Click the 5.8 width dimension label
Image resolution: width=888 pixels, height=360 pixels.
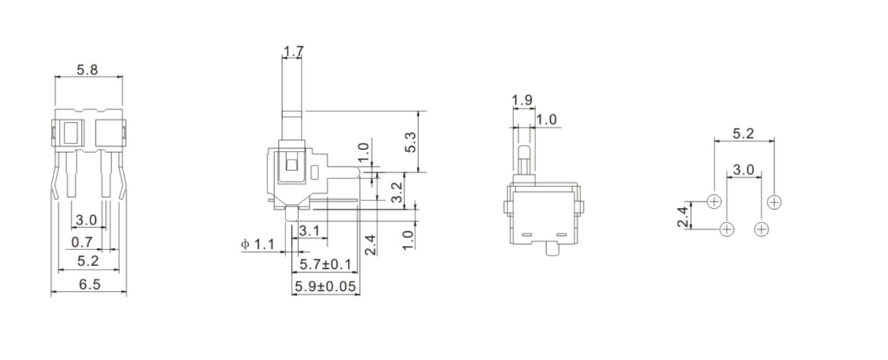click(88, 69)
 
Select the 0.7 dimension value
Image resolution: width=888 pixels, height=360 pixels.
click(82, 241)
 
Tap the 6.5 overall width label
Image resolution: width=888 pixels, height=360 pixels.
click(89, 284)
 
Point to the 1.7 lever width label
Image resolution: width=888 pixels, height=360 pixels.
click(294, 51)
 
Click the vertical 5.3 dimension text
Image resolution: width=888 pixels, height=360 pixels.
click(411, 141)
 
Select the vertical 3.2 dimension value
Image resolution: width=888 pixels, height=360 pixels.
click(396, 191)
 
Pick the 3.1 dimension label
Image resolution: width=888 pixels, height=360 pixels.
click(309, 231)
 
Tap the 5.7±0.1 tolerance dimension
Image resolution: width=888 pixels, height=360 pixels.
click(325, 264)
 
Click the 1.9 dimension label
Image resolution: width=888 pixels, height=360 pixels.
click(522, 101)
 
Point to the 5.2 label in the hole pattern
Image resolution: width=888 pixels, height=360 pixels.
click(743, 133)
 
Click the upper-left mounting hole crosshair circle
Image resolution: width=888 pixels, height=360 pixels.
click(714, 201)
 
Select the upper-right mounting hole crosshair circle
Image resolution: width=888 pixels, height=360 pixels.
click(774, 201)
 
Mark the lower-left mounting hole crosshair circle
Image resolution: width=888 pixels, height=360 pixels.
click(727, 229)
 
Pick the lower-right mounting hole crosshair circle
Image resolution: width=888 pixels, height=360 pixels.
click(761, 229)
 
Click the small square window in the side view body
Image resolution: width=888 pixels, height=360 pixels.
click(291, 165)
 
